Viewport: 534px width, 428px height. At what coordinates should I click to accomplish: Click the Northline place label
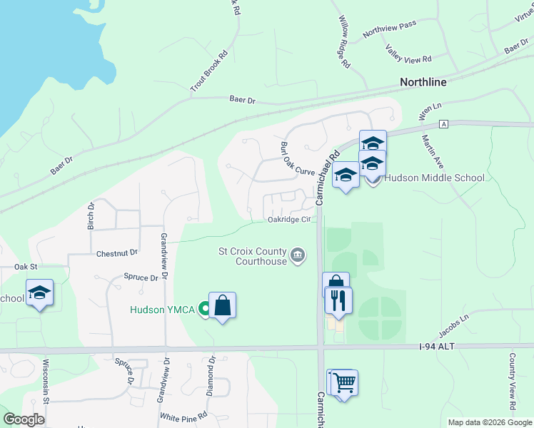pos(423,82)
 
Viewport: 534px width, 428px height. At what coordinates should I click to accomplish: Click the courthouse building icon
pos(298,255)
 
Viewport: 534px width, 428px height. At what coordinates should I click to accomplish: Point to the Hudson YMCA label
pos(163,309)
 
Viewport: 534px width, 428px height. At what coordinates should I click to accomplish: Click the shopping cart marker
pos(343,383)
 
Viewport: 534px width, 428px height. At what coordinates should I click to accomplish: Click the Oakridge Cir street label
pos(289,220)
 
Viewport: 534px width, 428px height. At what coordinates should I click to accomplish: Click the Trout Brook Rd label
pos(208,70)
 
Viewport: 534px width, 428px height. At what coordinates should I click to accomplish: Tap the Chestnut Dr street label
pos(116,253)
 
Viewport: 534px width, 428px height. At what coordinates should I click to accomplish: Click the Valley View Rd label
pos(408,53)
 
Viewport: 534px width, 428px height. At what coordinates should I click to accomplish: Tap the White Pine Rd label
pos(184,415)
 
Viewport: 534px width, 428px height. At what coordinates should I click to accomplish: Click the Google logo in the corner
pos(24,419)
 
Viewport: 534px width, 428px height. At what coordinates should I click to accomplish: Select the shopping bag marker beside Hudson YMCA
pos(223,306)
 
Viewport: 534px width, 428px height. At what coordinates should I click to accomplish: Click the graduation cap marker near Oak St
pos(40,292)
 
